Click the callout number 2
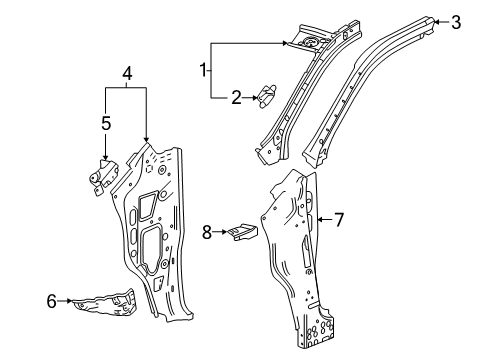236,97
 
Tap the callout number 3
456,22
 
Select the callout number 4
126,73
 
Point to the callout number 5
106,124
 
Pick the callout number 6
52,299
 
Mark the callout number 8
208,232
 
